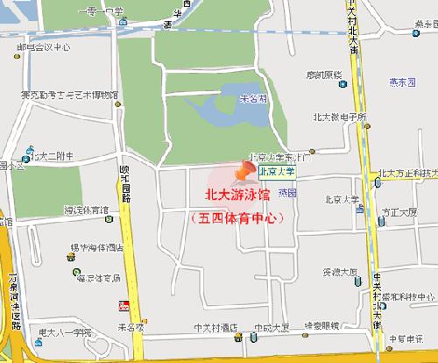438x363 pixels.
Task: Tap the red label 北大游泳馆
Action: (238, 196)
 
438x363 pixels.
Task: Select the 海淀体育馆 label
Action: (86, 210)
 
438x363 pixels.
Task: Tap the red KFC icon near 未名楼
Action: (124, 305)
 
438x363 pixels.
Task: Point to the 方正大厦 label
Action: (400, 211)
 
